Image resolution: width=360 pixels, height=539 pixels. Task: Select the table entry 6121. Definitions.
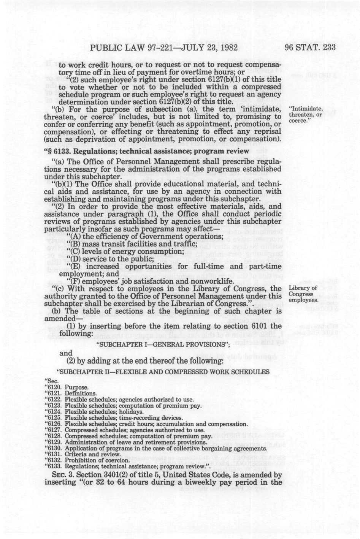click(71, 393)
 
